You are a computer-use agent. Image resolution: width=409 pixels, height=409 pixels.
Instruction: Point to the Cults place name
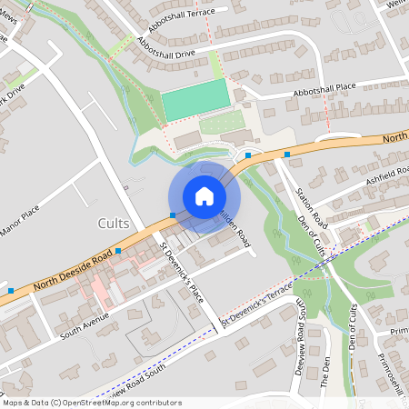[113, 224]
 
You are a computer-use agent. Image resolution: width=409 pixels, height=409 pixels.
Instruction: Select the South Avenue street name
[85, 317]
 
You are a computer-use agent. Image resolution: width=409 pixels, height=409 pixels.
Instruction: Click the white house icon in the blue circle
[204, 196]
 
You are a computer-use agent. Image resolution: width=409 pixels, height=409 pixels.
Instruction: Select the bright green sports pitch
[195, 98]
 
